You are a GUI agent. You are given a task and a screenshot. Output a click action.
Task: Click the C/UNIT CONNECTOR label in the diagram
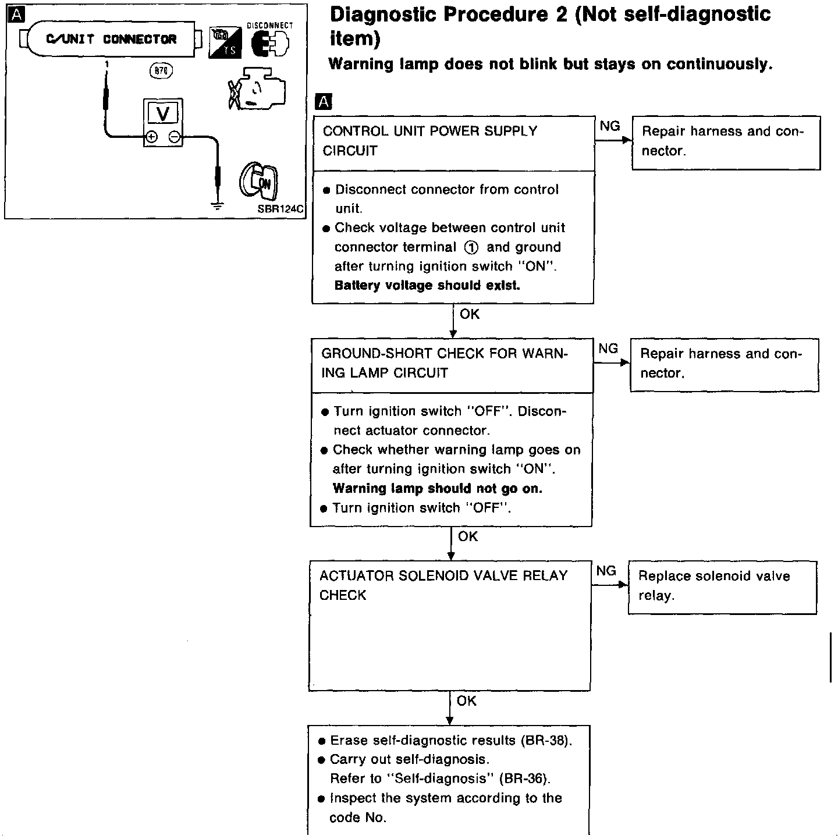pyautogui.click(x=111, y=40)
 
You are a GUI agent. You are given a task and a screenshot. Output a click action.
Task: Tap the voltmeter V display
pyautogui.click(x=163, y=113)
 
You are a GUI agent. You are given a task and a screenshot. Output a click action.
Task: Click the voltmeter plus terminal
pyautogui.click(x=151, y=137)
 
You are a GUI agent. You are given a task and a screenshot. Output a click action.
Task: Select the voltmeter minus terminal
pyautogui.click(x=174, y=137)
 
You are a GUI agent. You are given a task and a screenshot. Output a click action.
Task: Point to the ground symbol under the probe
pyautogui.click(x=216, y=204)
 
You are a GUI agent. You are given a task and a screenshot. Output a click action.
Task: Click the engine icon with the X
pyautogui.click(x=256, y=88)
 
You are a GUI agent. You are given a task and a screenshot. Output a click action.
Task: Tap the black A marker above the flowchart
pyautogui.click(x=322, y=102)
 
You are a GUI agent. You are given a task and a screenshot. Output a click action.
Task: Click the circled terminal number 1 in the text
pyautogui.click(x=471, y=247)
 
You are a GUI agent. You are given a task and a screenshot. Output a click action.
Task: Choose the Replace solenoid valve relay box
pyautogui.click(x=722, y=586)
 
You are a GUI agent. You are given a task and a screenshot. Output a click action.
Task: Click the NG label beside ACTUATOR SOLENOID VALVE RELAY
pyautogui.click(x=606, y=571)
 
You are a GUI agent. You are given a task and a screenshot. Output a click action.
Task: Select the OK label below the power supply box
pyautogui.click(x=469, y=314)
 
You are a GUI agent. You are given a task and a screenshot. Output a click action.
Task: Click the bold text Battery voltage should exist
pyautogui.click(x=427, y=286)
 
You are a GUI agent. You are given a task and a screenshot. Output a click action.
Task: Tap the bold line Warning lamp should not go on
pyautogui.click(x=437, y=489)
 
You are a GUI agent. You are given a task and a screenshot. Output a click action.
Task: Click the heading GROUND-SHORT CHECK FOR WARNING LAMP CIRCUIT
pyautogui.click(x=444, y=363)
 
